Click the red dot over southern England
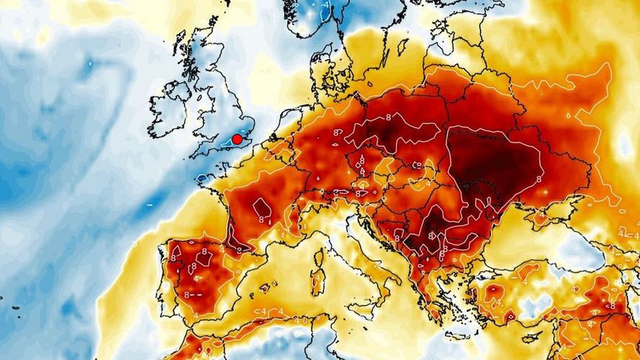click(x=237, y=139)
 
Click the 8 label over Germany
click(x=337, y=132)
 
